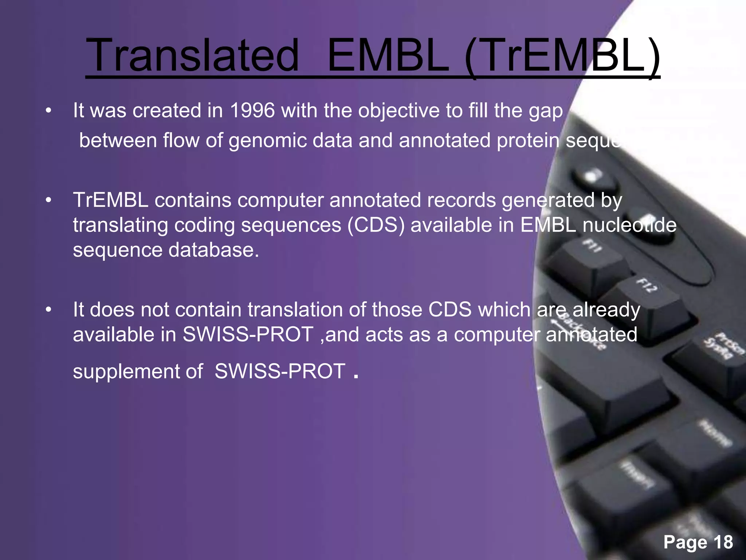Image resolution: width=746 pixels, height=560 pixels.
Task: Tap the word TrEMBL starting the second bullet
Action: (x=110, y=200)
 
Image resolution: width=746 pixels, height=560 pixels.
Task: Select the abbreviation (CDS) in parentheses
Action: (x=376, y=225)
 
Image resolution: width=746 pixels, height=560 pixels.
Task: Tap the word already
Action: (x=606, y=310)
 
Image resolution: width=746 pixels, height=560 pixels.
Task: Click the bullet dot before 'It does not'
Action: (x=48, y=310)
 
